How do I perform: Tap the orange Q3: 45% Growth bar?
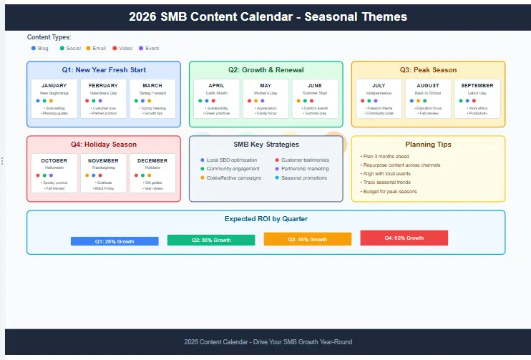pos(307,239)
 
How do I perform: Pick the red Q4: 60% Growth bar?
pos(404,238)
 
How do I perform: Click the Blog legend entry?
pos(40,48)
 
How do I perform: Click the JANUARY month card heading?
pos(54,86)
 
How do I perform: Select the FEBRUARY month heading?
pos(103,86)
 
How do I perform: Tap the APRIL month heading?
pos(216,86)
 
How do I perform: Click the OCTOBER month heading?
pos(54,160)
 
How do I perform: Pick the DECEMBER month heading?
pos(152,160)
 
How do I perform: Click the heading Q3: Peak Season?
pos(428,70)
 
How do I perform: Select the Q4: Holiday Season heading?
pos(103,145)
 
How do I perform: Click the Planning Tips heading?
pos(428,145)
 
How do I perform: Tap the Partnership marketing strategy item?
pos(305,169)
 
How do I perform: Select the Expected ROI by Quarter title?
pos(265,219)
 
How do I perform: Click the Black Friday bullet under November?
pos(103,188)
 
